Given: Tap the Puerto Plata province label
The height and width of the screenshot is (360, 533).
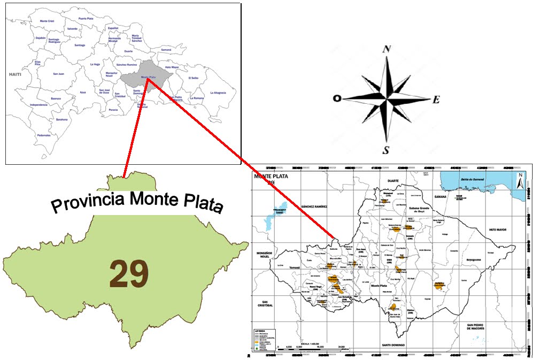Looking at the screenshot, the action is coord(87,18).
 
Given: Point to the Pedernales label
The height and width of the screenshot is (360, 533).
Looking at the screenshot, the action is coord(44,135).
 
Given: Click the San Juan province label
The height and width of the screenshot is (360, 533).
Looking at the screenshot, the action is coord(58,74).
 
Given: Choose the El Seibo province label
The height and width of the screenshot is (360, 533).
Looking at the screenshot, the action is coord(193,78).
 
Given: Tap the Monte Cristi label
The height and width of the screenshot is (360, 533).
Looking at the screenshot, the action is coord(47,21).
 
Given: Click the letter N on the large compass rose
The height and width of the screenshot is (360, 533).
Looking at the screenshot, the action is coord(387,49).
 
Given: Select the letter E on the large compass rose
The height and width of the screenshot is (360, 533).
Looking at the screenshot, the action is coord(436,99).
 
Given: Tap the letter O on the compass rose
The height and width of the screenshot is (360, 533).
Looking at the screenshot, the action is coord(337,98).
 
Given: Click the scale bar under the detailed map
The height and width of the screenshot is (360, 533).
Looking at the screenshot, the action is coord(310,348).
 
